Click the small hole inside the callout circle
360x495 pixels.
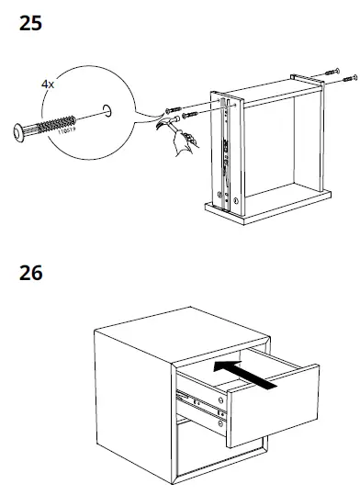pos(107,111)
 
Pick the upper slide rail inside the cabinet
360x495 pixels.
pos(198,400)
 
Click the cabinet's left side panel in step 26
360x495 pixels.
pos(132,404)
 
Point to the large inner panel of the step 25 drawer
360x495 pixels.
pos(276,152)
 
